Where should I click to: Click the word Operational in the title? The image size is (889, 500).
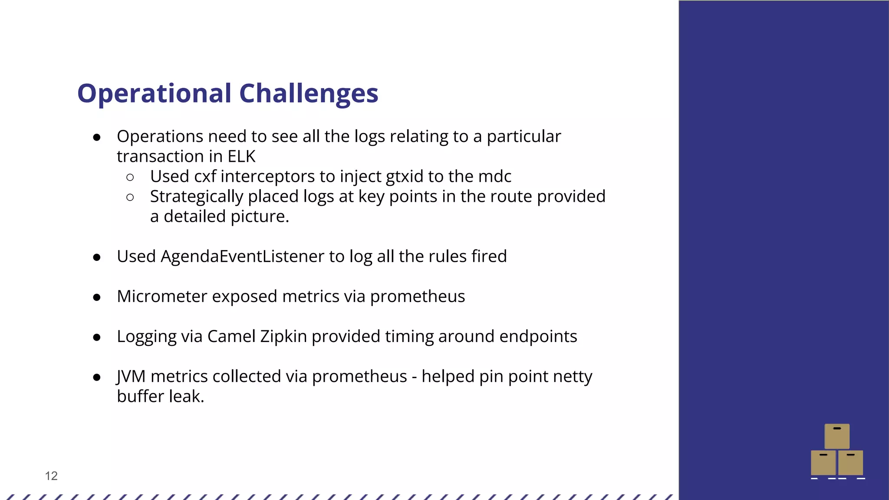pos(154,93)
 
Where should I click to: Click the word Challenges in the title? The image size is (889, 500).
pos(309,93)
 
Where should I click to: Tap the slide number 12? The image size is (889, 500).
pos(51,476)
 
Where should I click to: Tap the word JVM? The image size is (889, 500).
pos(131,376)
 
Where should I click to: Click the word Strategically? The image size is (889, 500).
pos(197,197)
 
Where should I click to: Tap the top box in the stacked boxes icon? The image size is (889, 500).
pos(837,436)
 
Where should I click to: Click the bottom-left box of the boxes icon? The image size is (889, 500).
pos(823,463)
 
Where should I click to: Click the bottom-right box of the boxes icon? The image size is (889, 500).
pos(850,463)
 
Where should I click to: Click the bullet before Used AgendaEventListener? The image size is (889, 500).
pos(97,257)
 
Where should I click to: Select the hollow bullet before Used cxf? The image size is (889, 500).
pos(130,177)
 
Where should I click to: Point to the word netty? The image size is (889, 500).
pos(573,376)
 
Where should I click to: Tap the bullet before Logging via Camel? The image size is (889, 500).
pos(97,337)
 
